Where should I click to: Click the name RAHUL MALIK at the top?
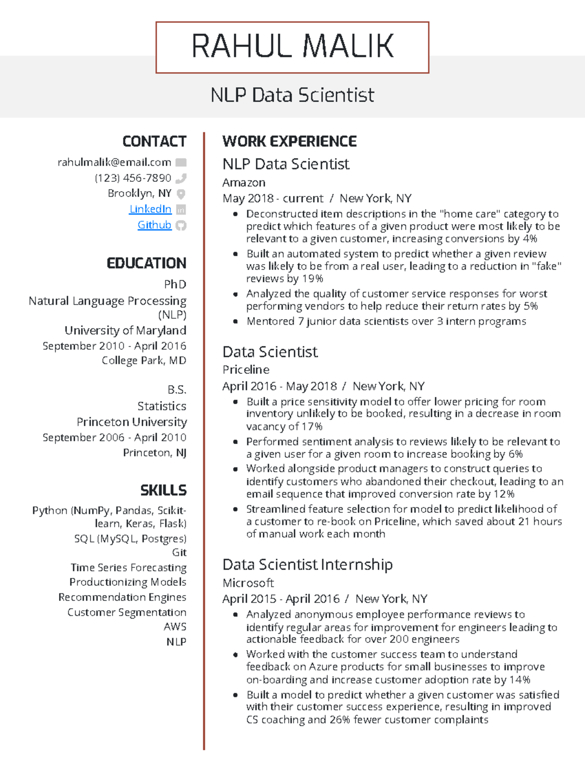pyautogui.click(x=292, y=46)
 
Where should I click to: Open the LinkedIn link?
pyautogui.click(x=150, y=209)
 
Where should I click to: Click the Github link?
pyautogui.click(x=154, y=225)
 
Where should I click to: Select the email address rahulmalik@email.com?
pyautogui.click(x=114, y=162)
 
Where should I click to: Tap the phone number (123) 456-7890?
pyautogui.click(x=133, y=178)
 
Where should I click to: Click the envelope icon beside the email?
pyautogui.click(x=181, y=162)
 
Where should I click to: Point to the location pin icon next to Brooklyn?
pyautogui.click(x=181, y=194)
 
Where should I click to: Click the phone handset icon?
pyautogui.click(x=181, y=178)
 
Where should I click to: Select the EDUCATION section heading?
pyautogui.click(x=146, y=263)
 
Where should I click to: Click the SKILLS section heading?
pyautogui.click(x=163, y=490)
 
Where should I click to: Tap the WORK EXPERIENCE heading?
pyautogui.click(x=290, y=141)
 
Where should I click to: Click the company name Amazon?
pyautogui.click(x=244, y=183)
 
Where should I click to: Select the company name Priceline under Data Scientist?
pyautogui.click(x=246, y=369)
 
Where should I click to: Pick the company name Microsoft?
pyautogui.click(x=248, y=582)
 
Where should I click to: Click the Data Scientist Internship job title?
pyautogui.click(x=307, y=564)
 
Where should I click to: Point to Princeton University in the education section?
pyautogui.click(x=132, y=422)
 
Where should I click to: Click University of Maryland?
pyautogui.click(x=125, y=330)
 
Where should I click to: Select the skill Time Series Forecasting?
pyautogui.click(x=128, y=567)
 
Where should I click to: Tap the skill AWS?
pyautogui.click(x=175, y=626)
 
